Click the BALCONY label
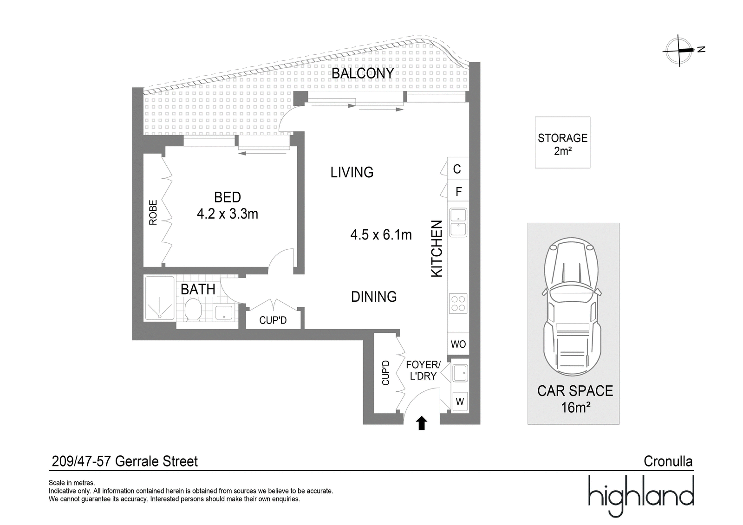(363, 73)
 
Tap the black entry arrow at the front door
(422, 423)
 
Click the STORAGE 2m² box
(562, 143)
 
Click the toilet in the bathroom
(193, 310)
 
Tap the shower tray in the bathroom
(160, 298)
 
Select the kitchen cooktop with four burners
(458, 304)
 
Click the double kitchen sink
(458, 222)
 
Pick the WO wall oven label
(458, 344)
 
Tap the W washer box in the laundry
(460, 402)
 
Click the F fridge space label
(459, 191)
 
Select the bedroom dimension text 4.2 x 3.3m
(227, 214)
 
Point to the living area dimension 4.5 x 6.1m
(381, 235)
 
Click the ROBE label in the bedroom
(153, 212)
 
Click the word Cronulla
(668, 461)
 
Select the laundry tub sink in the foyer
(460, 373)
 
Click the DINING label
(373, 297)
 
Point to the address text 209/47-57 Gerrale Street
(125, 461)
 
